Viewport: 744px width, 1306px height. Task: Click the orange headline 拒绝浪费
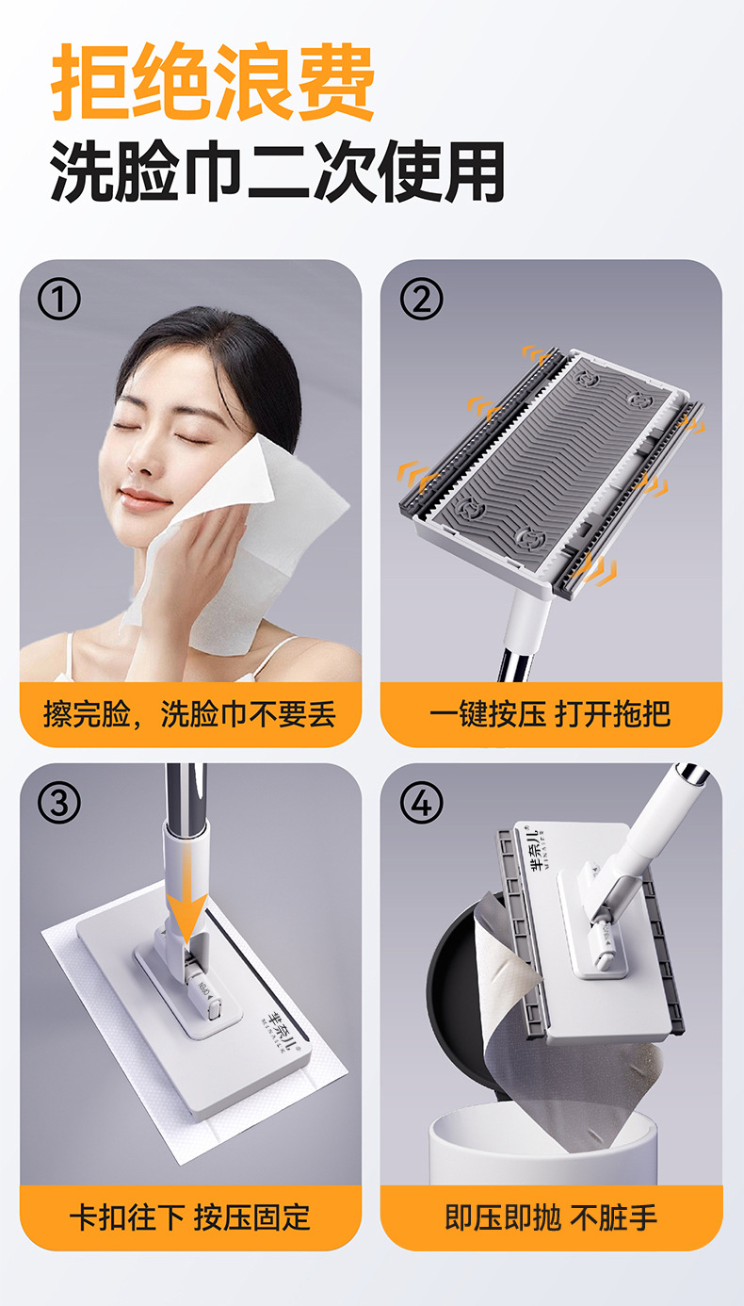click(x=213, y=81)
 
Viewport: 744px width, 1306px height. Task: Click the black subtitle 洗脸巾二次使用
click(x=277, y=172)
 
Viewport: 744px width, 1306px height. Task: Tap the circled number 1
click(x=58, y=299)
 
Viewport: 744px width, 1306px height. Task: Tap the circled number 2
click(x=421, y=299)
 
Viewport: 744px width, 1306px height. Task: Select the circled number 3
click(x=58, y=803)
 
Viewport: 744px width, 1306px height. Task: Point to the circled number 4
click(x=421, y=803)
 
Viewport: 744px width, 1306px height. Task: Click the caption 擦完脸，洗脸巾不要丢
click(x=190, y=713)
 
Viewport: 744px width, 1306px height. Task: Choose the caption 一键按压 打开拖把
click(x=551, y=713)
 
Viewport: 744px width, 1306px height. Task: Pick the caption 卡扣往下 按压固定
click(x=190, y=1217)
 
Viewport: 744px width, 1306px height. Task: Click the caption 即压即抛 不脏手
click(x=551, y=1217)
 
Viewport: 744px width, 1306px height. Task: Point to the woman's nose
click(x=137, y=458)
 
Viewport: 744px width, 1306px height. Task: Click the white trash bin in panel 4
click(x=543, y=1150)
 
